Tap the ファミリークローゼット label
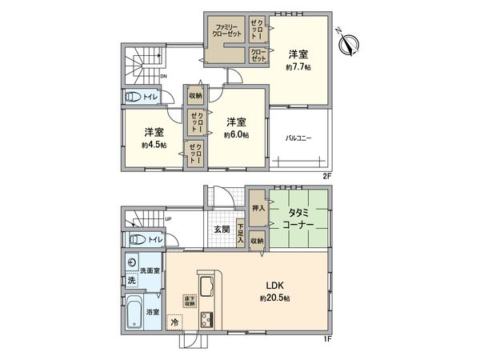(x=227, y=34)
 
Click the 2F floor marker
(x=326, y=174)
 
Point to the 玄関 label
(x=222, y=230)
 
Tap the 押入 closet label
(x=258, y=206)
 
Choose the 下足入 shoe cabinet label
(x=240, y=232)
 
